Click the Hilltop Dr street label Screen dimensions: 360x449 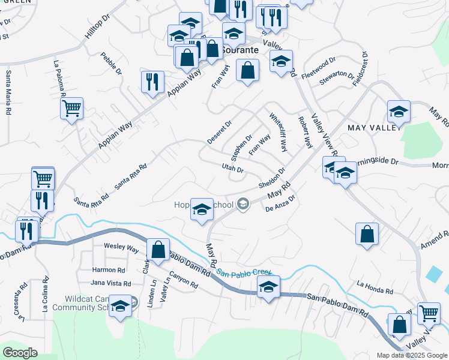pyautogui.click(x=98, y=28)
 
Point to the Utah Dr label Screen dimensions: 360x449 pyautogui.click(x=232, y=169)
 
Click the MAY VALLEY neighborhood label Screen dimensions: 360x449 pyautogui.click(x=373, y=128)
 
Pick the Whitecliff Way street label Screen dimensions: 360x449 pyautogui.click(x=279, y=133)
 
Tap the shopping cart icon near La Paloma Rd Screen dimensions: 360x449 pyautogui.click(x=71, y=109)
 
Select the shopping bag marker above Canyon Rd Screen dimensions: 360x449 pyautogui.click(x=158, y=250)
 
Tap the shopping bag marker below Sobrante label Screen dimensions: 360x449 pyautogui.click(x=247, y=71)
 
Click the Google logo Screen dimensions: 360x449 pyautogui.click(x=20, y=353)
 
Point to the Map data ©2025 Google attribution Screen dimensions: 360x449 pyautogui.click(x=411, y=355)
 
